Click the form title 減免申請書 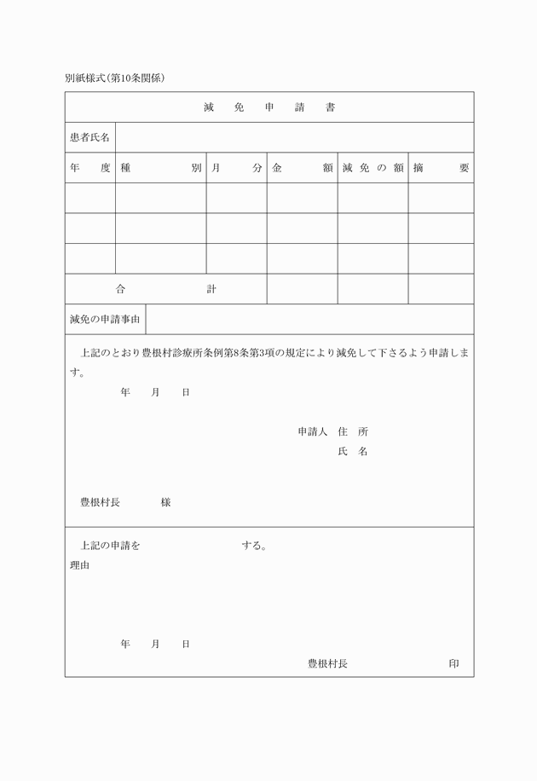click(x=268, y=107)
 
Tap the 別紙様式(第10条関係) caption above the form click(x=114, y=78)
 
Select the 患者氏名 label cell click(x=89, y=137)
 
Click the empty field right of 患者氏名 click(x=294, y=137)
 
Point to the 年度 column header click(x=89, y=168)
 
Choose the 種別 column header click(x=160, y=168)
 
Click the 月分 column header click(x=236, y=168)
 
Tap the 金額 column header click(x=302, y=168)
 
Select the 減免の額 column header click(x=372, y=168)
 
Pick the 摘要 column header click(x=440, y=168)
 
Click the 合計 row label click(x=165, y=289)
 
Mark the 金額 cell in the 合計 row click(x=302, y=289)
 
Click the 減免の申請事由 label click(x=106, y=320)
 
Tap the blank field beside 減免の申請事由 click(x=310, y=320)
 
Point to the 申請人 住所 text click(x=332, y=431)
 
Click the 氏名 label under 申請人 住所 click(x=352, y=451)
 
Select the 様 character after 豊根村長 click(x=165, y=502)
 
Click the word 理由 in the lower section click(x=79, y=564)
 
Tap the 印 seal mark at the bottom click(x=453, y=663)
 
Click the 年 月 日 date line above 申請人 click(x=154, y=392)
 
